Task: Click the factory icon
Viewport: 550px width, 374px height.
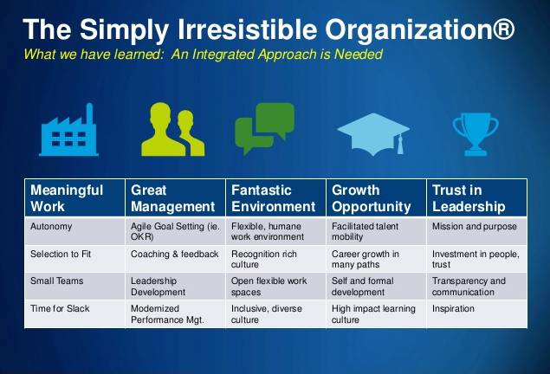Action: click(68, 133)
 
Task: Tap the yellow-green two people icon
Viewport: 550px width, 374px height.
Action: click(172, 129)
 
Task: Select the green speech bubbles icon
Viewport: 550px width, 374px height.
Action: click(264, 128)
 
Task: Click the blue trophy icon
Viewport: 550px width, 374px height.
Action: click(476, 134)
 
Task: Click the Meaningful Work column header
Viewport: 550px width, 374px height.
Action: click(74, 198)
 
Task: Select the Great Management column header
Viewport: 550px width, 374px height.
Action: click(175, 198)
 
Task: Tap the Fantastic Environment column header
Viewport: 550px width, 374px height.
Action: click(275, 198)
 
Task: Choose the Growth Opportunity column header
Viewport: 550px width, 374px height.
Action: click(376, 198)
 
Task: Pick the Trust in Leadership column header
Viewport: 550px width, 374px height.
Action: click(476, 198)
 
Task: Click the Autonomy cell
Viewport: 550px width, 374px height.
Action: click(74, 231)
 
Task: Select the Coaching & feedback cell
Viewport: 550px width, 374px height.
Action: click(175, 259)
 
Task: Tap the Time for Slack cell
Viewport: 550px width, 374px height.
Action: click(74, 314)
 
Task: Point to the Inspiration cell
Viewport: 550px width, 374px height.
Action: click(476, 314)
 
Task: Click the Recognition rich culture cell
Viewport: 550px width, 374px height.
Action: click(275, 259)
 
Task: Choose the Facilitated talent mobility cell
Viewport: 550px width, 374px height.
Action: click(376, 231)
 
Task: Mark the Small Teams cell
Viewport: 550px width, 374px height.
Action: click(74, 287)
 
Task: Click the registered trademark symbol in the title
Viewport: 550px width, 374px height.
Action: click(503, 29)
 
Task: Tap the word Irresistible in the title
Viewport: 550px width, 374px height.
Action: click(248, 29)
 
